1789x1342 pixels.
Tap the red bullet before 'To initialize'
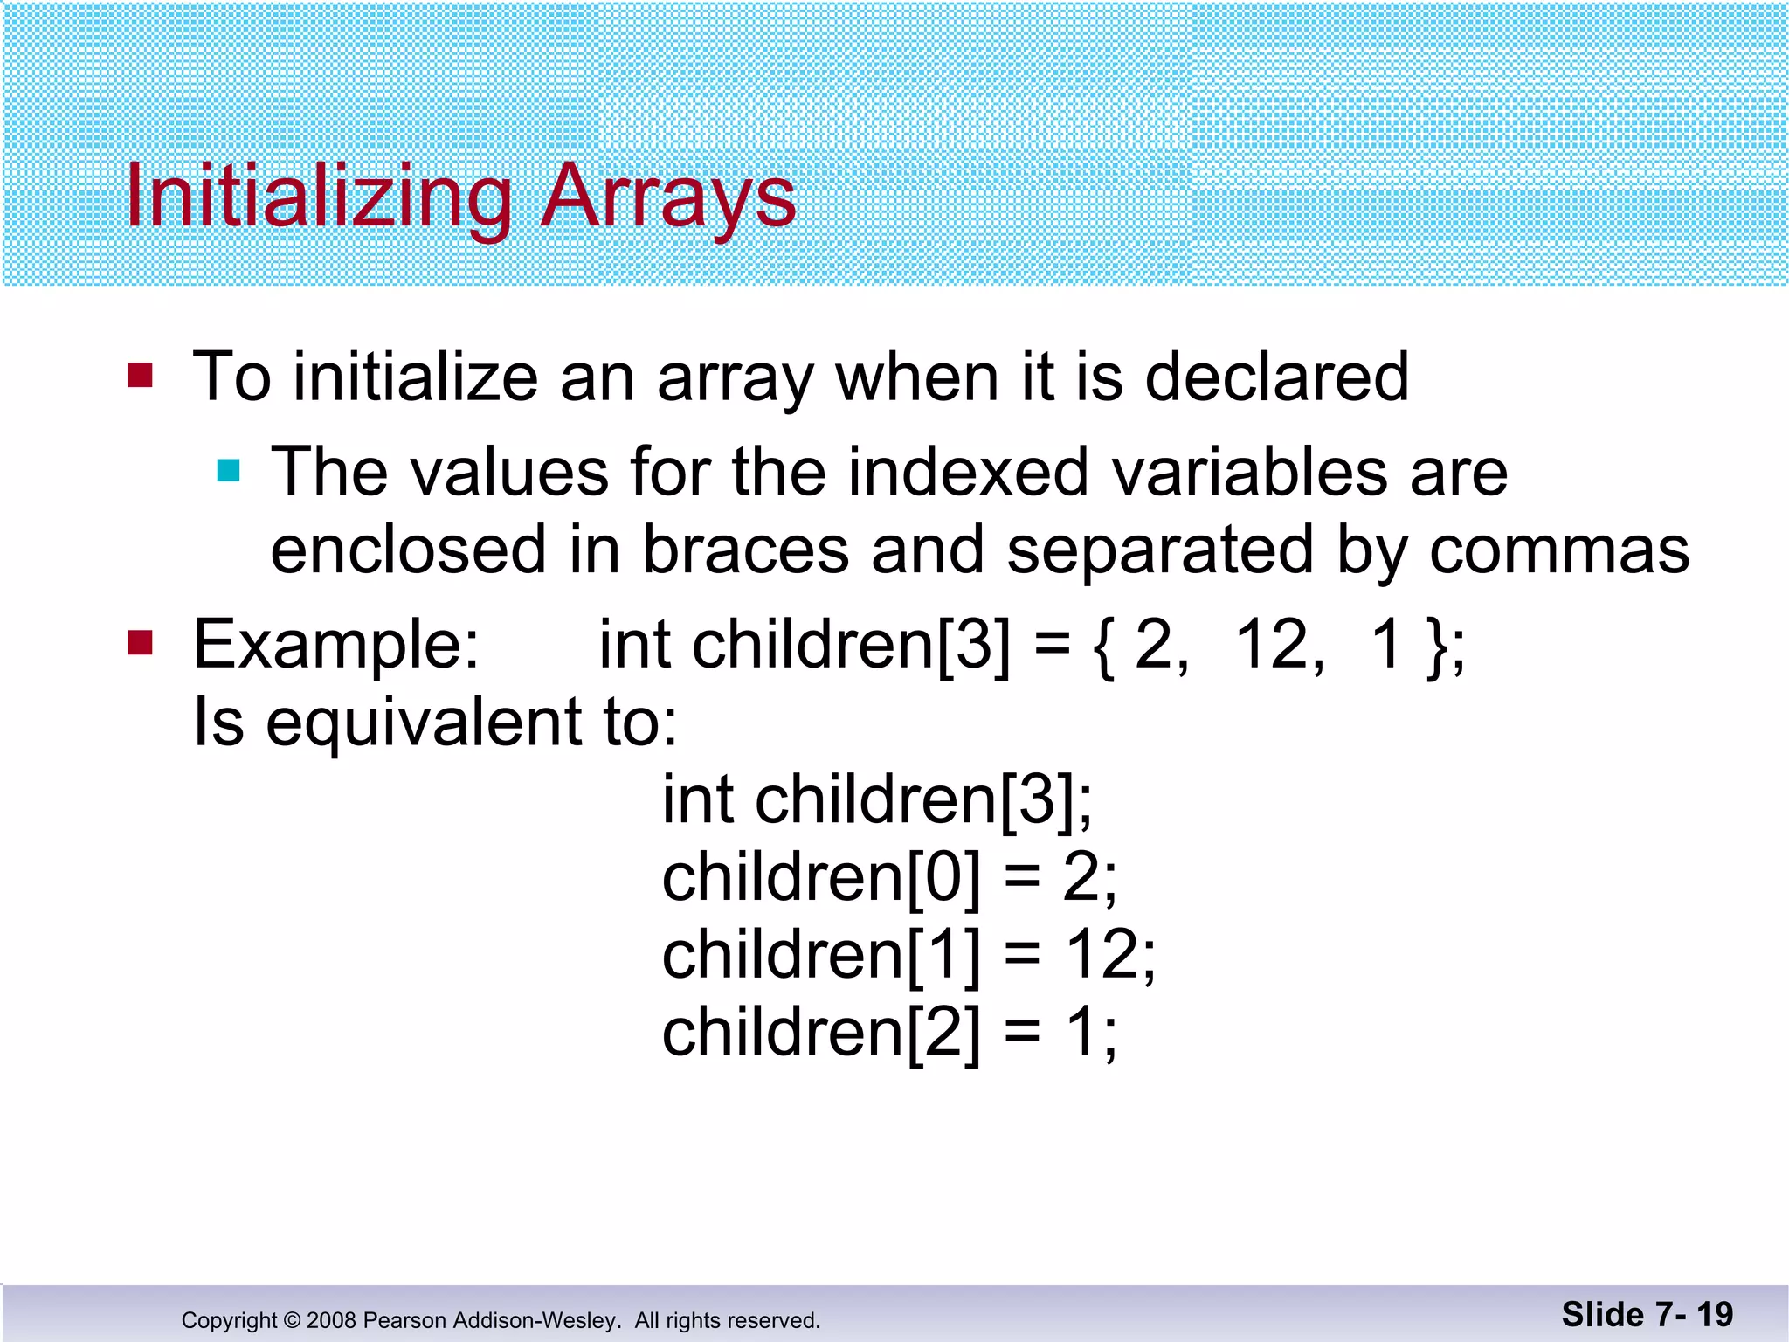[140, 376]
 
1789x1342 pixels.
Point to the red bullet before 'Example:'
[140, 643]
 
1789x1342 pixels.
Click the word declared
[1276, 377]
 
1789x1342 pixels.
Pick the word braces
[746, 550]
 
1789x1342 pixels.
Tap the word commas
[1558, 550]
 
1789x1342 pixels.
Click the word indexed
[968, 472]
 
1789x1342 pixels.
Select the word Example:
[336, 645]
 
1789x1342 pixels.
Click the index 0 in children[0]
[943, 877]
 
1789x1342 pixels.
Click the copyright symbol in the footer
[292, 1320]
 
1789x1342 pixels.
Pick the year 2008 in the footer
[331, 1320]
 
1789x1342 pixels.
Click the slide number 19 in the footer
[1714, 1314]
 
